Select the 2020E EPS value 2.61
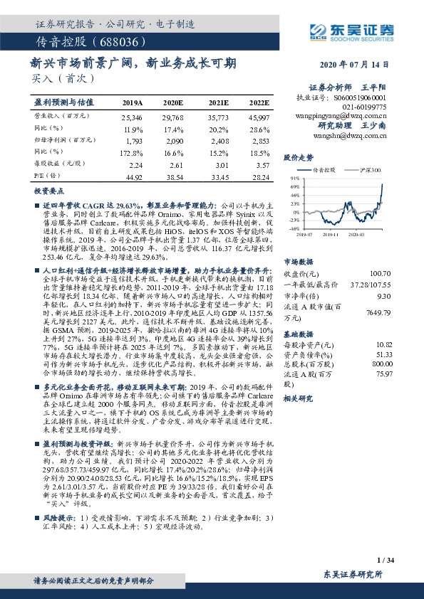coord(173,164)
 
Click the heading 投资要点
coord(48,192)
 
